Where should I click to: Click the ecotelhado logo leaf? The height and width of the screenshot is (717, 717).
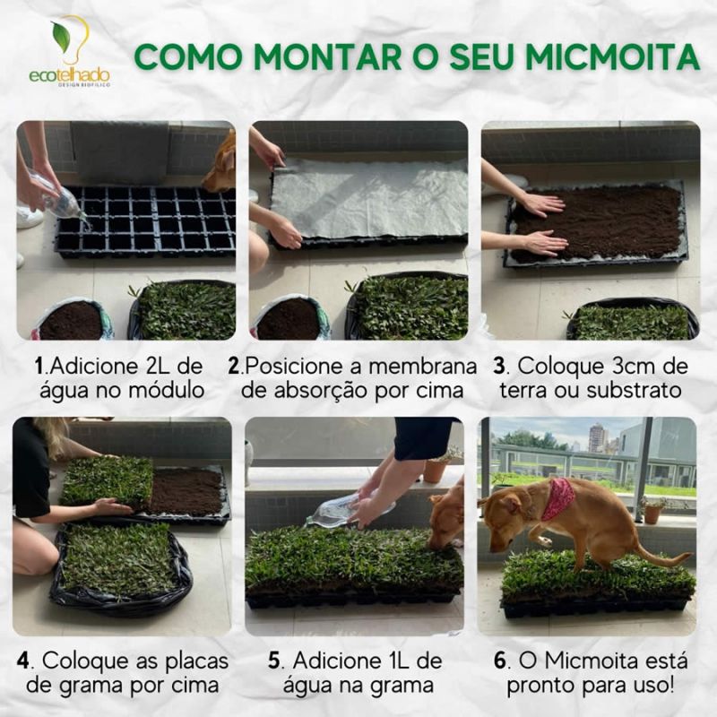61,37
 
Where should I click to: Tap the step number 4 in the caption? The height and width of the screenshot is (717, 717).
24,661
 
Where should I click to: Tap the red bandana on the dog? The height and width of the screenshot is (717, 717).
557,499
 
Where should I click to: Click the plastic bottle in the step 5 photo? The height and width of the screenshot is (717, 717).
350,509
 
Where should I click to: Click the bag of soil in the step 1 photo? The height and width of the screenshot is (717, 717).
73,319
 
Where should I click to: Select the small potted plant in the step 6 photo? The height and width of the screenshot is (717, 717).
652,510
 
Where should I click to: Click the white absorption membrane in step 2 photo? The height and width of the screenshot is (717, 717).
369,198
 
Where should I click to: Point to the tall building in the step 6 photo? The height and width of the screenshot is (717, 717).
596,438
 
